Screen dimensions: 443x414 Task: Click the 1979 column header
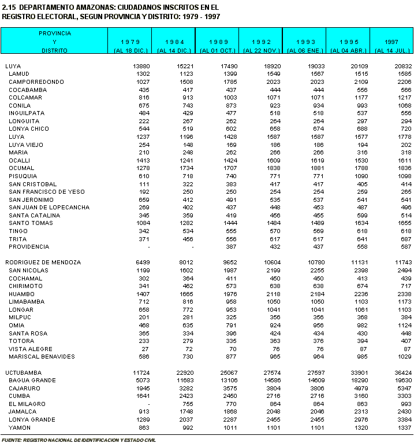[x=129, y=42]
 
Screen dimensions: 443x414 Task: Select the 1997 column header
[x=391, y=42]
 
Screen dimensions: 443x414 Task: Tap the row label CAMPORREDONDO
[x=36, y=82]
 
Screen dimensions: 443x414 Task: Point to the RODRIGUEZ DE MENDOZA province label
[x=43, y=263]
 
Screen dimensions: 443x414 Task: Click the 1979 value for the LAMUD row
[x=142, y=74]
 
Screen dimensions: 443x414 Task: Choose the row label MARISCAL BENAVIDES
[x=42, y=357]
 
